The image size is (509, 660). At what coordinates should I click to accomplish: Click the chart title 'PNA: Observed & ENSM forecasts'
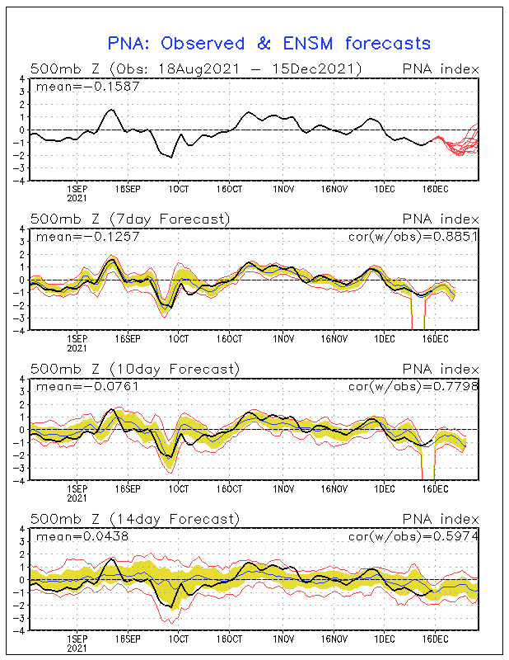pos(269,43)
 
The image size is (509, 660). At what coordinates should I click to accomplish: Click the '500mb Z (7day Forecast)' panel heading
pos(130,219)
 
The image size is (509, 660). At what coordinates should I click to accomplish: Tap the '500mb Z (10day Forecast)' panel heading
pos(133,369)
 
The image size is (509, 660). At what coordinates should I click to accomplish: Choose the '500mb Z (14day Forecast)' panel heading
pos(133,519)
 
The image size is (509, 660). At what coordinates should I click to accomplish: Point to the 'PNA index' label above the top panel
pos(440,68)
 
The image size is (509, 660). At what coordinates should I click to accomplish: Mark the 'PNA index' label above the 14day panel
pos(440,519)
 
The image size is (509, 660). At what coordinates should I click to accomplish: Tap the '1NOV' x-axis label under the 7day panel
pos(283,338)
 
